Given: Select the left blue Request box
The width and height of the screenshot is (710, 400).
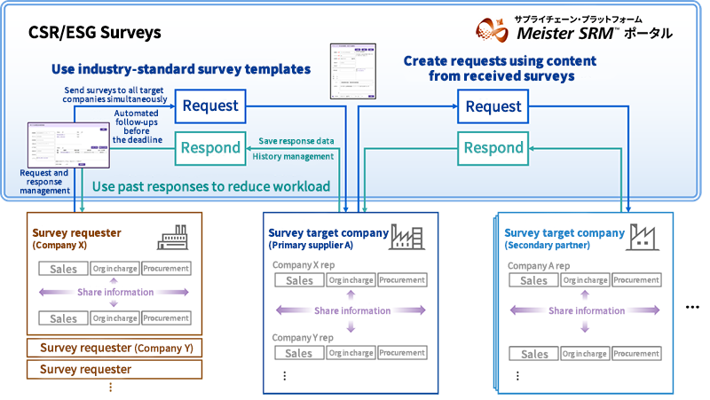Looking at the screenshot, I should [210, 106].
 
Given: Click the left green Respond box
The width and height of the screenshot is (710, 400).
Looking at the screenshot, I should [210, 147].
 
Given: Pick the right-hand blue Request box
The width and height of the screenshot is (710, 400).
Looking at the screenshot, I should [493, 106].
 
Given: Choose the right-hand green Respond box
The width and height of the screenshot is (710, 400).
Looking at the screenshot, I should [493, 147].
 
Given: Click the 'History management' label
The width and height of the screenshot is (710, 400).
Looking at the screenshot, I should [293, 156].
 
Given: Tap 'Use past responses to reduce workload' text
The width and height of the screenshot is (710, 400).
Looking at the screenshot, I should [211, 186].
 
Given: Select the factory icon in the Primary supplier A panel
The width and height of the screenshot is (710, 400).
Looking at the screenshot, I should [406, 238].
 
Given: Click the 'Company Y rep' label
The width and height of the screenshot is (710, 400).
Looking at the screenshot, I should [303, 338].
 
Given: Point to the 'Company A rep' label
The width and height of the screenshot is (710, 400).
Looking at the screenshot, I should [538, 265].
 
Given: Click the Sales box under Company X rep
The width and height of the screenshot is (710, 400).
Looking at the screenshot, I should [299, 280].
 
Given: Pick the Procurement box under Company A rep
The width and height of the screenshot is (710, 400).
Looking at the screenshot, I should [635, 280].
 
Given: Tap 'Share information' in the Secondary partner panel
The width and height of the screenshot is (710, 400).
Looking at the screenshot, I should [586, 310].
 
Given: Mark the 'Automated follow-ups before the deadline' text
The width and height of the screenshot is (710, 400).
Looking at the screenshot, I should [138, 126].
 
